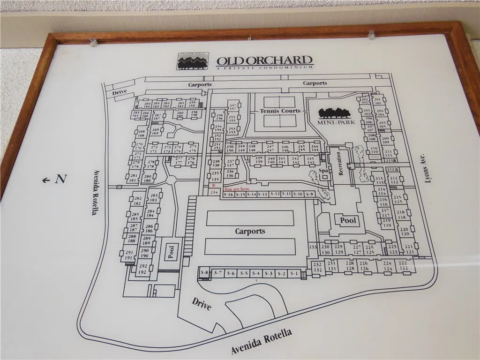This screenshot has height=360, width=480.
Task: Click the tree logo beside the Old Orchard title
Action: (193, 61)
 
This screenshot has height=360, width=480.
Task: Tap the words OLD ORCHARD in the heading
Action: (264, 60)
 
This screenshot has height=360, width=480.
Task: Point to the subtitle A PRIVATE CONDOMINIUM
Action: (264, 68)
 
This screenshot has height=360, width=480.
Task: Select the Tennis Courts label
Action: (280, 111)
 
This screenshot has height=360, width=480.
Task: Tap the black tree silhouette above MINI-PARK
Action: (334, 112)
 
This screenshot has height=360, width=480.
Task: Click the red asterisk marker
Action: (214, 186)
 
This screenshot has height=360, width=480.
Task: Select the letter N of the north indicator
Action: (60, 179)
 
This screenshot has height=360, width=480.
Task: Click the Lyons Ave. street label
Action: (427, 168)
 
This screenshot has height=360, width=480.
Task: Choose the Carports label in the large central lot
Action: (250, 231)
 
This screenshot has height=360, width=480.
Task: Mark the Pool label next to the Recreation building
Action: (348, 220)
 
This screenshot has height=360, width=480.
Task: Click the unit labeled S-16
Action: (228, 194)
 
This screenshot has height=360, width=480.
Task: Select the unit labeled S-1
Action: (294, 273)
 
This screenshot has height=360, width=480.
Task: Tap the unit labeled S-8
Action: (204, 272)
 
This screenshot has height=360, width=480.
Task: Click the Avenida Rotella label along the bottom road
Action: (262, 341)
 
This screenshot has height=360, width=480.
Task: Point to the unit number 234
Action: (214, 192)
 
